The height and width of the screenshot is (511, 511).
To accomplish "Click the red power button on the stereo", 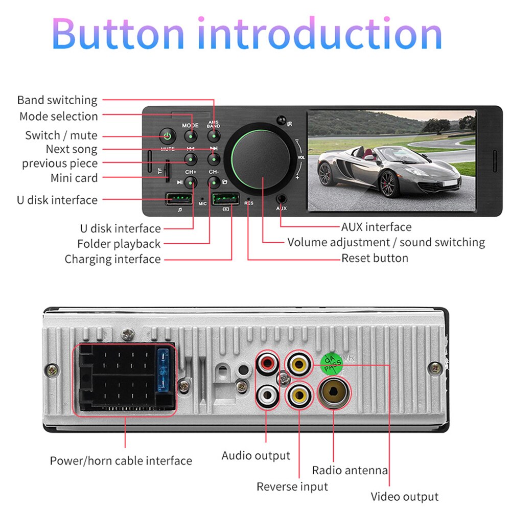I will tap(167, 136).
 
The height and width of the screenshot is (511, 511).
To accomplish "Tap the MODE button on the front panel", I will tap(191, 136).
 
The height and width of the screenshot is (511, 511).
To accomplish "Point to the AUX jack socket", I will tap(282, 199).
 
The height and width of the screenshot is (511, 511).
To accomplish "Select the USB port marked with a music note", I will tap(179, 199).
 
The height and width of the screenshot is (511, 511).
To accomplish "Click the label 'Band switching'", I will tap(57, 100).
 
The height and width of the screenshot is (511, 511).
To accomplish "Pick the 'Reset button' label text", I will tap(375, 258).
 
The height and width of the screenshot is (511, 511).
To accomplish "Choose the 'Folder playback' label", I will tap(119, 244).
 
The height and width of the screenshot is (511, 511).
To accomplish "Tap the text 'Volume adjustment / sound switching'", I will tap(386, 242).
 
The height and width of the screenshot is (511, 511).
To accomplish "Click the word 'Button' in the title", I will tap(118, 34).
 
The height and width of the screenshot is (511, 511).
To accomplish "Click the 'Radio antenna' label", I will tap(350, 470).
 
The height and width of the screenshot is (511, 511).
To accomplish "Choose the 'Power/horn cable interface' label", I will tap(121, 461).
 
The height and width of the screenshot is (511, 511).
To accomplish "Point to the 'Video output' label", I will tap(404, 497).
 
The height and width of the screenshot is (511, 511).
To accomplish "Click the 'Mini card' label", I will tap(74, 178).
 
